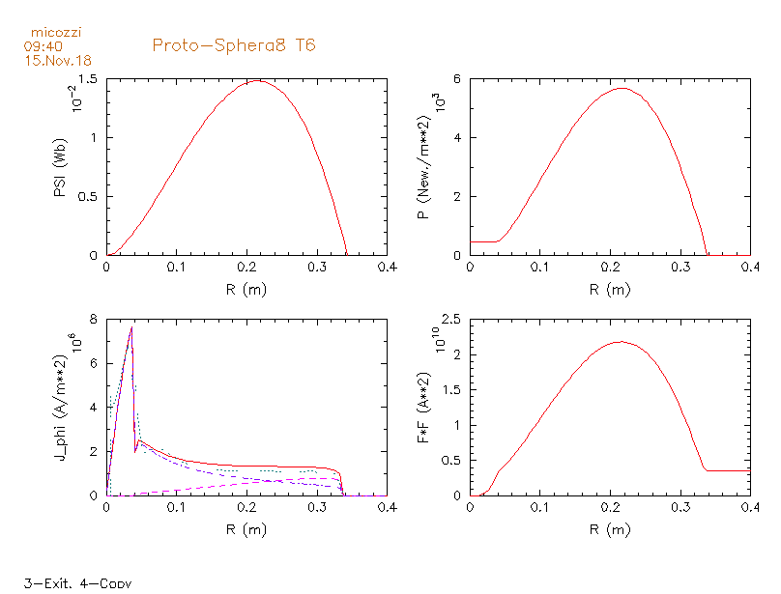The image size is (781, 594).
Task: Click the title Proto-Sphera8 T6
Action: (x=234, y=45)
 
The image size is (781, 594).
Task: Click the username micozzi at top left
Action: (x=56, y=33)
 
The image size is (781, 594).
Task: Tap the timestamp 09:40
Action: (x=43, y=46)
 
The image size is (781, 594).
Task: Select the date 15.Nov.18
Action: (x=58, y=61)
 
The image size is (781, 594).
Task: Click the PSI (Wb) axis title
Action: (x=60, y=167)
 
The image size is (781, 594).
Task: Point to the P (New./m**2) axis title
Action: (x=424, y=167)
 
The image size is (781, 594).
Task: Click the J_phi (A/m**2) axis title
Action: (x=60, y=408)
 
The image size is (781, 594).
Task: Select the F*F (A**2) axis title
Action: (x=424, y=408)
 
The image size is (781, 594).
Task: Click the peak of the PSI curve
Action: (x=257, y=81)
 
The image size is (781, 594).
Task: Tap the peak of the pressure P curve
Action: (x=622, y=88)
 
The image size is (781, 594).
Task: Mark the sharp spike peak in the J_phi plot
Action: (x=131, y=327)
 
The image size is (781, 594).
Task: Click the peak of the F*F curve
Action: (x=621, y=342)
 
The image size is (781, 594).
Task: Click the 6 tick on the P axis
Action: (x=457, y=78)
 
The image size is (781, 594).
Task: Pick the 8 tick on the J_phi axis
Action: (x=93, y=319)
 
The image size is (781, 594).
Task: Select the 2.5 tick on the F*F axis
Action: (x=451, y=319)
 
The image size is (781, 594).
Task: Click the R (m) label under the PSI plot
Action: (x=246, y=290)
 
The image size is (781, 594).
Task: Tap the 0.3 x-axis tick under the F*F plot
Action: (x=680, y=507)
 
